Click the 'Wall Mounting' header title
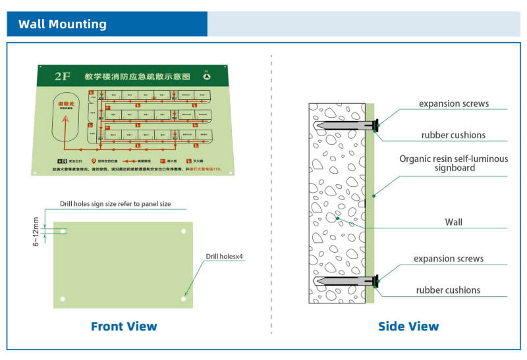coord(63,24)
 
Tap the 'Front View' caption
coord(124,326)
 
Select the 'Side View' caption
coord(408,326)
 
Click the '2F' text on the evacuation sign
coord(63,76)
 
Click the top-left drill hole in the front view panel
coord(64,231)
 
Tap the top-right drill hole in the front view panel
coord(183,231)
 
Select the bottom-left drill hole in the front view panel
coord(63,299)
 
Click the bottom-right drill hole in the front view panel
coord(183,299)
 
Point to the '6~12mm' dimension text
coord(38,232)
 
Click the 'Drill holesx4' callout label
coord(225,257)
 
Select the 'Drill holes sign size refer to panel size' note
coord(115,204)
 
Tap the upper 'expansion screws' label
coord(454,104)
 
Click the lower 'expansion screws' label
coord(449,259)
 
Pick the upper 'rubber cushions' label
coord(453,136)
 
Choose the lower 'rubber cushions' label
coord(448,290)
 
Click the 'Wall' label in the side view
coord(454,222)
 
